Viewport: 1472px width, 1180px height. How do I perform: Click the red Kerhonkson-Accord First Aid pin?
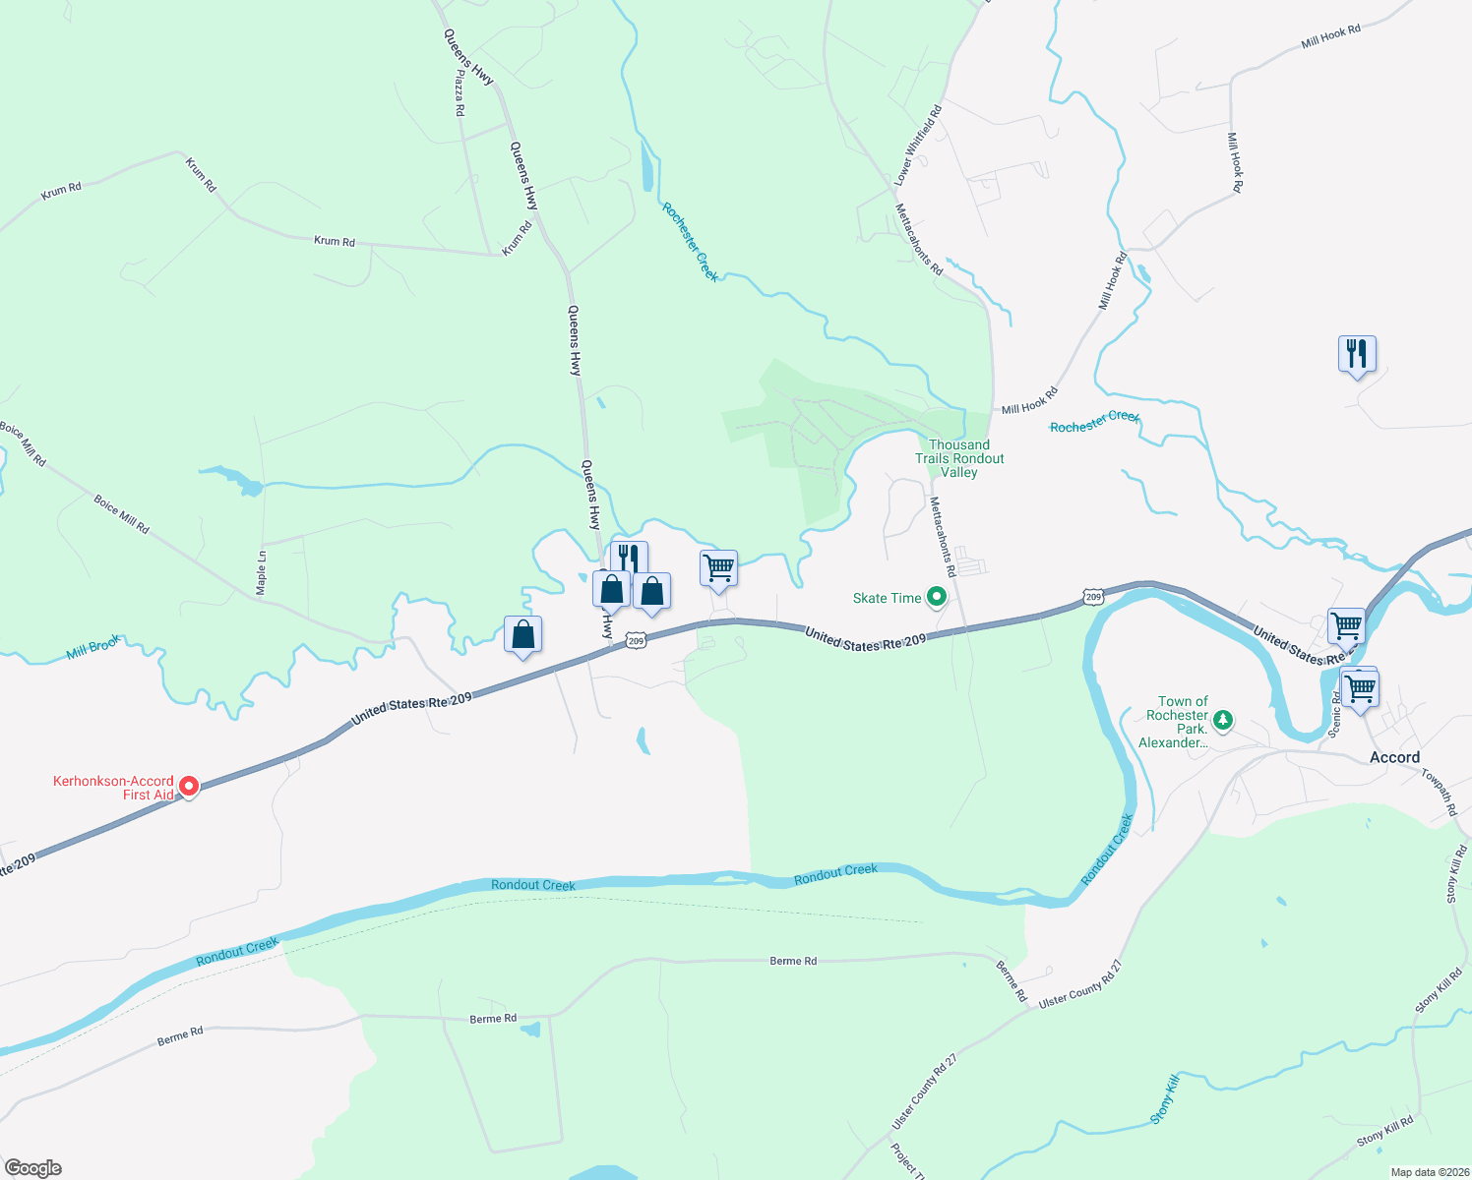pos(188,787)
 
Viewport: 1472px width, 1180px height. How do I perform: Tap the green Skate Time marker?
pos(937,597)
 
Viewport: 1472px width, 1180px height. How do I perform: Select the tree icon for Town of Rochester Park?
pos(1223,721)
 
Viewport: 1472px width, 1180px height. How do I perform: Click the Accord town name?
pos(1394,757)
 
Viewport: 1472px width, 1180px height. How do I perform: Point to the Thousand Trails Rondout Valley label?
pos(959,458)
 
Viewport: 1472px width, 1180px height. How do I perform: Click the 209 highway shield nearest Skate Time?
pos(1092,597)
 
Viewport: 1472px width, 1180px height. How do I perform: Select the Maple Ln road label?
pos(262,572)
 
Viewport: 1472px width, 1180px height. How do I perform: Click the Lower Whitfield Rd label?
pos(918,146)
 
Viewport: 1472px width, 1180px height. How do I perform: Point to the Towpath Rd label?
pos(1439,793)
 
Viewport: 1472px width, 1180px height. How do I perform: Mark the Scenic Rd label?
pos(1335,713)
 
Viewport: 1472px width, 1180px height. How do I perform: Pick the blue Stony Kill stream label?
pos(1164,1099)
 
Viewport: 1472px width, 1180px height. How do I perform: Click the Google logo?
pos(33,1168)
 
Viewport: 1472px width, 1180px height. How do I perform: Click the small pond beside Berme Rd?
pos(531,1030)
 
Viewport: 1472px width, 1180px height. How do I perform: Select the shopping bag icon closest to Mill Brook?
pos(523,635)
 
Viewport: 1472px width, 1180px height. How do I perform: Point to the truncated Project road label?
pos(903,1160)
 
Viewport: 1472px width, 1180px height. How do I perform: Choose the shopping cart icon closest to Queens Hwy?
pos(718,568)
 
